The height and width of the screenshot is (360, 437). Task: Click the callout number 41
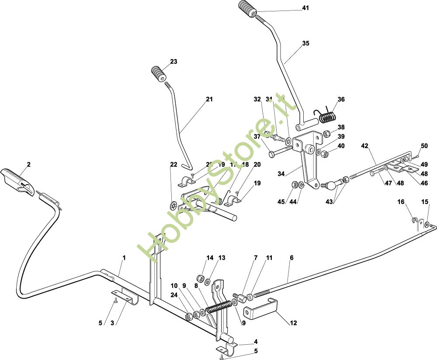[305, 8]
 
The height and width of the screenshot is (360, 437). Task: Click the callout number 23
[174, 62]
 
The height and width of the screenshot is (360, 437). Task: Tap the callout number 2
[29, 164]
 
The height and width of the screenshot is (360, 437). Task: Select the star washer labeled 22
[173, 205]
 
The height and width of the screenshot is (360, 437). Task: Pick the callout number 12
[293, 323]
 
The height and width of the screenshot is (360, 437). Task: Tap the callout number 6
[291, 258]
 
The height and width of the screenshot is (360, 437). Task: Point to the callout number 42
[365, 146]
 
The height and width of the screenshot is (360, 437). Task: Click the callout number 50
[424, 146]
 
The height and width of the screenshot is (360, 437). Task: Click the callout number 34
[281, 174]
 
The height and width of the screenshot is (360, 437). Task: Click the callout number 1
[124, 258]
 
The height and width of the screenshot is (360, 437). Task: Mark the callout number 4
[256, 342]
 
